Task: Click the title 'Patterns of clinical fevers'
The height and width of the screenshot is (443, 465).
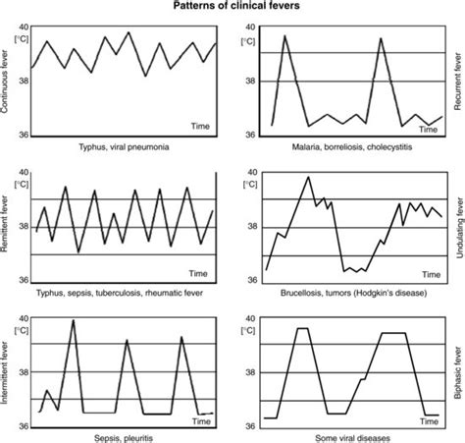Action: (x=232, y=7)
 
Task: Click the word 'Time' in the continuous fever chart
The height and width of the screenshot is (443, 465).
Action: (x=200, y=126)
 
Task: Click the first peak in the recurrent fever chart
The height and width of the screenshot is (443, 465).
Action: (x=284, y=36)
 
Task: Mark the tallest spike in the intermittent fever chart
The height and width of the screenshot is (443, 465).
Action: (x=74, y=320)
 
